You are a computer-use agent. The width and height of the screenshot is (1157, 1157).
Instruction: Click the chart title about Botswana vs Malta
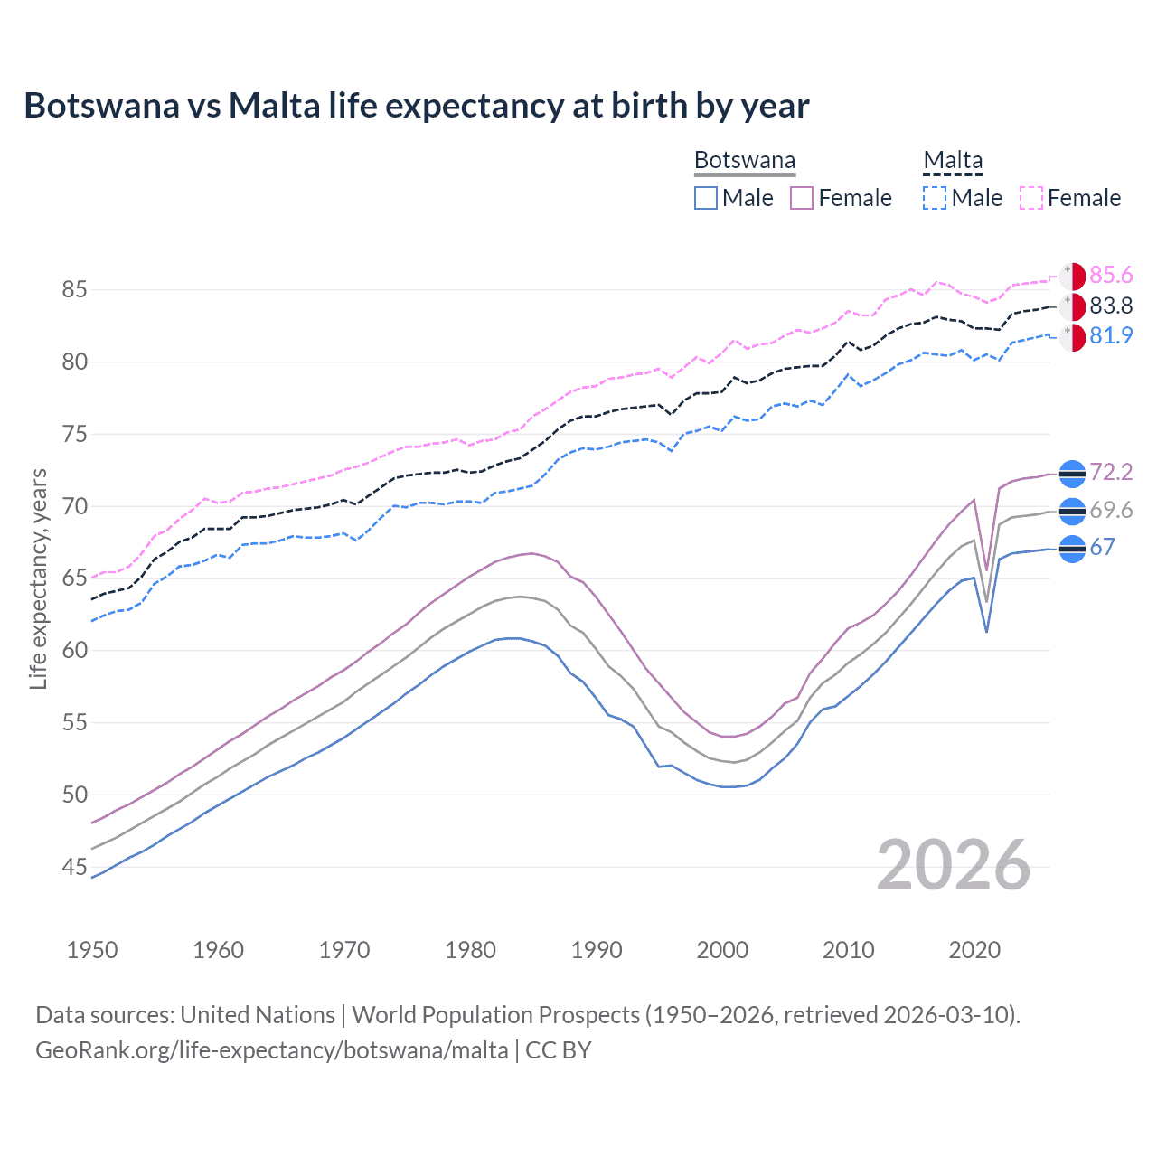(416, 106)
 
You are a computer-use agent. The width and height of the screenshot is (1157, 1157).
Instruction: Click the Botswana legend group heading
(745, 161)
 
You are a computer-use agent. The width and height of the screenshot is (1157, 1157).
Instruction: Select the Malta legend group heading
(953, 161)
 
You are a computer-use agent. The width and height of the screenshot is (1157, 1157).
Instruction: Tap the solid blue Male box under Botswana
(706, 198)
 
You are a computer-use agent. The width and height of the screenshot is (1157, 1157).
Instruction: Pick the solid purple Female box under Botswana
(802, 198)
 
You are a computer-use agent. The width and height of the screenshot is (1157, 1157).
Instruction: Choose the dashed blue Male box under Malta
(935, 198)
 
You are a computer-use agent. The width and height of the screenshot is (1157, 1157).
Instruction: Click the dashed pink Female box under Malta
(1031, 198)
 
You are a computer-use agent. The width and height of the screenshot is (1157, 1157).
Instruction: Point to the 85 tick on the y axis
(74, 290)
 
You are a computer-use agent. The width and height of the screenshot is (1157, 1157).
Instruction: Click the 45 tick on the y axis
(74, 868)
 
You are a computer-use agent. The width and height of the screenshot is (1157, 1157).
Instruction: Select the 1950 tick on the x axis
(92, 950)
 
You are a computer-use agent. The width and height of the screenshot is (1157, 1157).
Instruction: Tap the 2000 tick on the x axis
(722, 950)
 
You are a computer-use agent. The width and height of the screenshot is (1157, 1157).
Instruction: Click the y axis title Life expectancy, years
(38, 578)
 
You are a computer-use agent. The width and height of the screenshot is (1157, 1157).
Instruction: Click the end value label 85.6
(1111, 276)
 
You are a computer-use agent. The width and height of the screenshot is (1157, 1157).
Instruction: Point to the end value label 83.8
(1111, 306)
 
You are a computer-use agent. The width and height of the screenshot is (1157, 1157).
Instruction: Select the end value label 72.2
(1111, 473)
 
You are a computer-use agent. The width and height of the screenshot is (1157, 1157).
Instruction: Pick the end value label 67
(1102, 548)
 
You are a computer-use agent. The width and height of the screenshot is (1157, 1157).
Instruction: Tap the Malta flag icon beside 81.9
(1072, 337)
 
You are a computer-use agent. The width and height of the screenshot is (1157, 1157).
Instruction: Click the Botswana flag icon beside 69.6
(1072, 512)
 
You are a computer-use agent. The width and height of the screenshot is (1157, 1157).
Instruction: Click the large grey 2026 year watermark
(954, 865)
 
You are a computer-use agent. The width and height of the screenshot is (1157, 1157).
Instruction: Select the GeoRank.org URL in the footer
(271, 1050)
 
